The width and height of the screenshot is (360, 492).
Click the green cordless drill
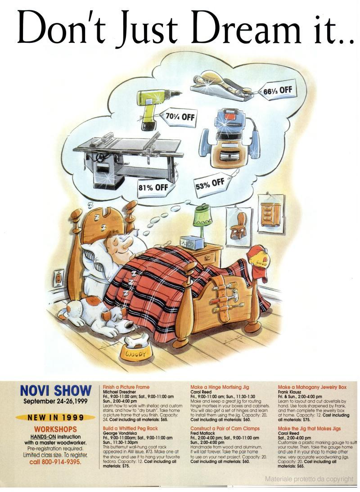pyautogui.click(x=153, y=106)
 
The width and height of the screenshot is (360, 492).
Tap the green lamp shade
pyautogui.click(x=202, y=217)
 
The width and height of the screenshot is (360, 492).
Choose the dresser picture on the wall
pyautogui.click(x=271, y=214)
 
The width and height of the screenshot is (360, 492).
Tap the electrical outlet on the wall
pyautogui.click(x=58, y=278)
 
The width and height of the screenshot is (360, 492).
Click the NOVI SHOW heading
pyautogui.click(x=55, y=391)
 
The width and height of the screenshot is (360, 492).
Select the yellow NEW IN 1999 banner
pyautogui.click(x=55, y=418)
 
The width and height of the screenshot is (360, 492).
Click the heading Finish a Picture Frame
pyautogui.click(x=126, y=387)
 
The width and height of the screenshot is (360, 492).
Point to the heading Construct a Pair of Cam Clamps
pyautogui.click(x=225, y=428)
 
